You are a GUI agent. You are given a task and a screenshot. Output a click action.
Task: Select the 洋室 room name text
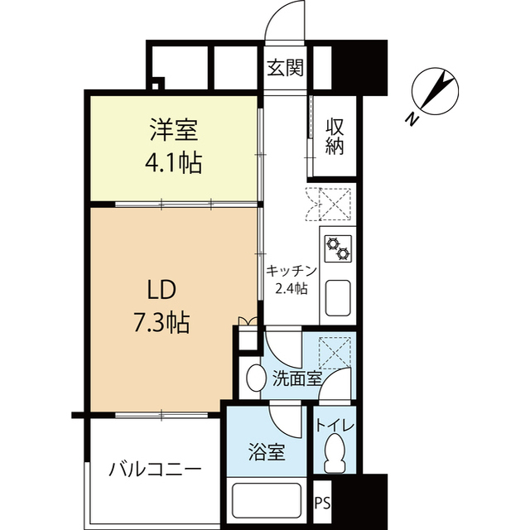point(174,130)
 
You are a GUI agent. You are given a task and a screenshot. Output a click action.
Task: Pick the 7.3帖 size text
point(161,321)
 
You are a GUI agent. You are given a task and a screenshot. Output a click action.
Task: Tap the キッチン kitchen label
point(290,271)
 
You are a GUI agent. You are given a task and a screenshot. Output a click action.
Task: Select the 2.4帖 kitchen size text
point(291,289)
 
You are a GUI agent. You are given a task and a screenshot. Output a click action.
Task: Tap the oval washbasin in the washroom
point(256,378)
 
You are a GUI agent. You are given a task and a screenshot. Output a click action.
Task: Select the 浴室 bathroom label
point(267,453)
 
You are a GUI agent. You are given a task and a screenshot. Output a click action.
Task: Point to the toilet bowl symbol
point(335,454)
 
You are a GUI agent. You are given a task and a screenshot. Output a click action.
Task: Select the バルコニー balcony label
point(155,470)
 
